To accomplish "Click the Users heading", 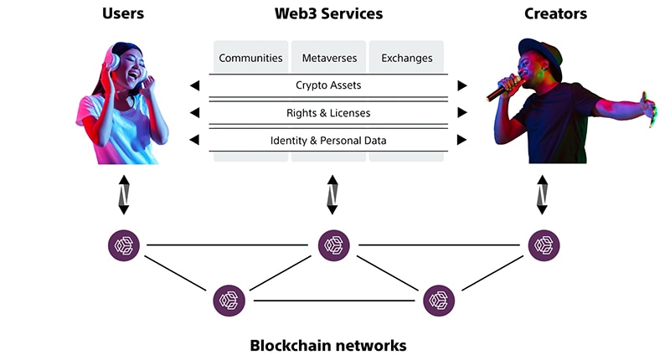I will pyautogui.click(x=123, y=13).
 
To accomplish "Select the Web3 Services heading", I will pyautogui.click(x=328, y=13).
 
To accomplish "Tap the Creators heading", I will pyautogui.click(x=555, y=13).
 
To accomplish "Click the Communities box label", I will pyautogui.click(x=249, y=59).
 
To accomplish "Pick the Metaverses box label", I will pyautogui.click(x=328, y=59).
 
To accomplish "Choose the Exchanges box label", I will pyautogui.click(x=407, y=59).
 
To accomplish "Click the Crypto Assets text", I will pyautogui.click(x=328, y=85).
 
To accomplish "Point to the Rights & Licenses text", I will pyautogui.click(x=328, y=113).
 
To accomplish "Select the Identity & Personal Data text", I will pyautogui.click(x=328, y=141).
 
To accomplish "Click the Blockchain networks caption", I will pyautogui.click(x=328, y=345).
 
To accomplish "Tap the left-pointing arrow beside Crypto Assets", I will pyautogui.click(x=195, y=85).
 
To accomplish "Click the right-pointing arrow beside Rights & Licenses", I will pyautogui.click(x=461, y=113).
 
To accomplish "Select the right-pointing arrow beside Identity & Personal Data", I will pyautogui.click(x=461, y=141).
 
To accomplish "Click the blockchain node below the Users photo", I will pyautogui.click(x=124, y=245).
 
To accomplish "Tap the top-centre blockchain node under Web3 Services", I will pyautogui.click(x=334, y=245).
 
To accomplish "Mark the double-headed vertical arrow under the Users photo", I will pyautogui.click(x=124, y=194).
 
